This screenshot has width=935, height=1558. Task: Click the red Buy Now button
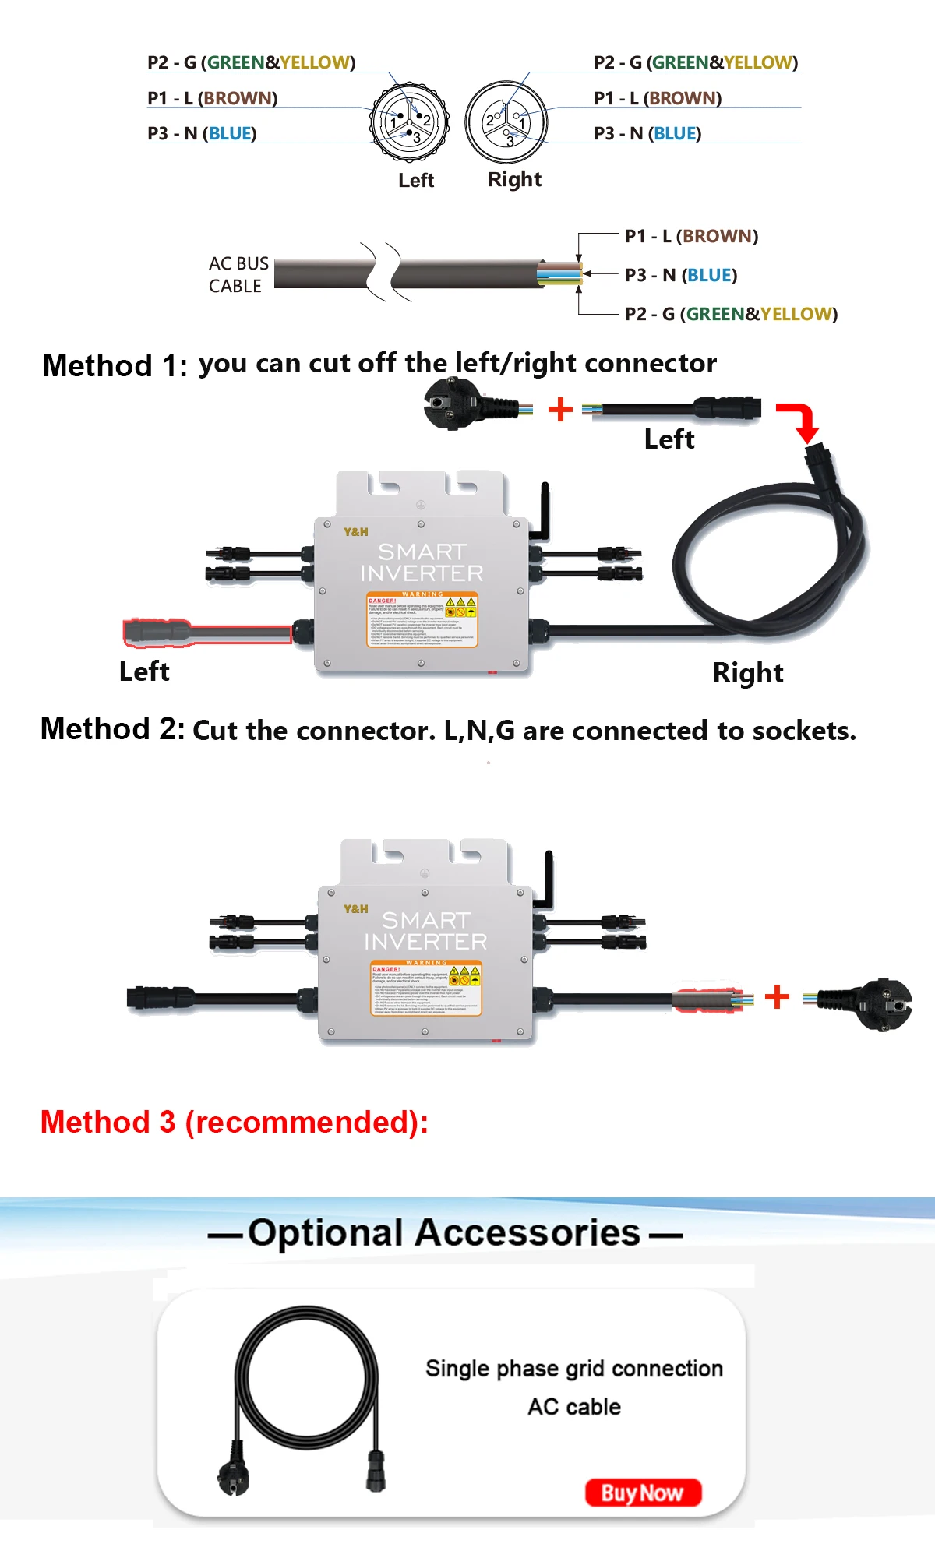(x=643, y=1493)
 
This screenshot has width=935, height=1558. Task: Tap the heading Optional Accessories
(x=444, y=1233)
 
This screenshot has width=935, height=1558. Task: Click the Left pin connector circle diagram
(x=409, y=122)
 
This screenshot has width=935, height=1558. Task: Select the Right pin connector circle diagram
(x=506, y=122)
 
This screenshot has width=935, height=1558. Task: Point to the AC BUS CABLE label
(x=238, y=275)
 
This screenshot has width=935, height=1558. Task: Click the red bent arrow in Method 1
(x=800, y=421)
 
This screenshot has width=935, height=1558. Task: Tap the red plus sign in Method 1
(x=560, y=409)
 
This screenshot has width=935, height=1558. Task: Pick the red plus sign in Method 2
(x=777, y=996)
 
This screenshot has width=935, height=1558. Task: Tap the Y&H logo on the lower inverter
(x=356, y=909)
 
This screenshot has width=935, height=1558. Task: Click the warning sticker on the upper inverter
(x=422, y=619)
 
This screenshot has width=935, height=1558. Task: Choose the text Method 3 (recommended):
(x=234, y=1123)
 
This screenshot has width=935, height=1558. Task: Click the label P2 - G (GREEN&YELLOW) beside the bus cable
(x=731, y=314)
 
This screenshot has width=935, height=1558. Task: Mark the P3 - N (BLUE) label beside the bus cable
(x=680, y=275)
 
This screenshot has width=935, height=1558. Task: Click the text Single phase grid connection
(x=574, y=1369)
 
